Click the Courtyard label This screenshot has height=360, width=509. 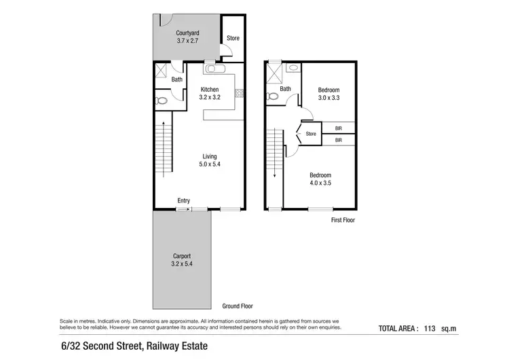click(x=187, y=37)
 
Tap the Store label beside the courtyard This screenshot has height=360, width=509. click(x=233, y=38)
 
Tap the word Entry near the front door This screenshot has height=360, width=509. click(x=183, y=200)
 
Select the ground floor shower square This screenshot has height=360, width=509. click(x=161, y=69)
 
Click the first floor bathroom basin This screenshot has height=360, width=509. click(x=292, y=68)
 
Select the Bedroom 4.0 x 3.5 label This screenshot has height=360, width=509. click(x=320, y=179)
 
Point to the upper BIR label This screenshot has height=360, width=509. click(x=338, y=127)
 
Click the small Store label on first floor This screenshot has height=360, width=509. click(x=311, y=134)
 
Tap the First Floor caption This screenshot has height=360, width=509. click(x=343, y=220)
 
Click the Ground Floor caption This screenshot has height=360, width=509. click(x=238, y=306)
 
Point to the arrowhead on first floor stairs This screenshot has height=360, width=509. click(x=275, y=176)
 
